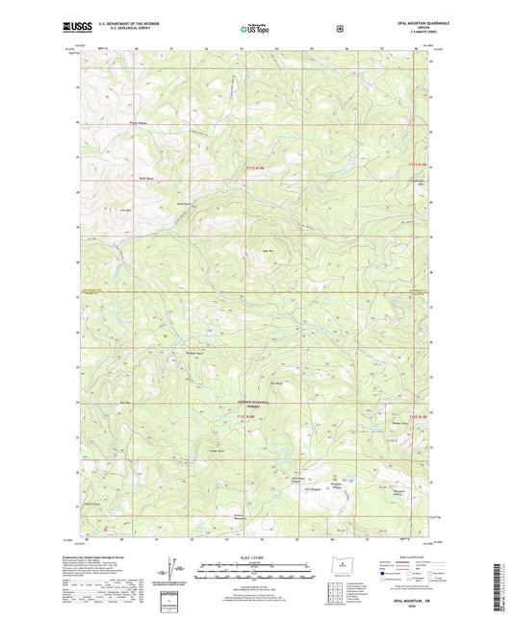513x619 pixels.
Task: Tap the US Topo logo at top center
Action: tap(255, 30)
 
